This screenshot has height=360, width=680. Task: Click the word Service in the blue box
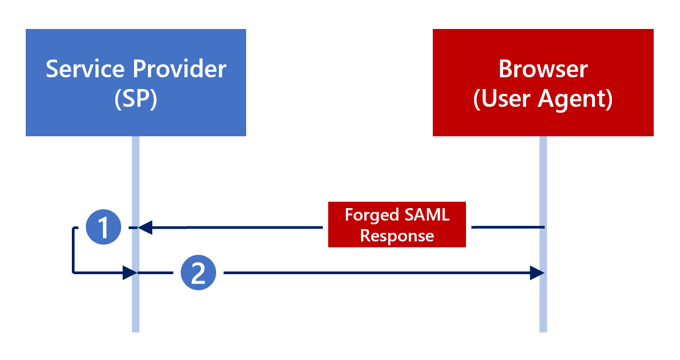tap(85, 69)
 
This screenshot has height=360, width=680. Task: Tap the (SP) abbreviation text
tap(136, 100)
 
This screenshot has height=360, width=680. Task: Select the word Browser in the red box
tap(543, 69)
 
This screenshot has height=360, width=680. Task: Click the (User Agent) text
tap(543, 100)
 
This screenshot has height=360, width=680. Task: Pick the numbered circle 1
tap(104, 227)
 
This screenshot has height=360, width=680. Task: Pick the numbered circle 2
tap(198, 273)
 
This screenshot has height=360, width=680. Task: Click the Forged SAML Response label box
tap(397, 225)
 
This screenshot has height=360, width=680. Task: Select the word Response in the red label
tap(397, 236)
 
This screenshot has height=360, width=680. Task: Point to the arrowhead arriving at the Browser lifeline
tap(537, 273)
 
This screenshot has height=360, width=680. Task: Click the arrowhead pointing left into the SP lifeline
tap(146, 227)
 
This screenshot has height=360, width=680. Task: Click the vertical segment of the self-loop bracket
tap(73, 250)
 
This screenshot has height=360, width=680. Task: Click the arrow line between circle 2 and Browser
tap(375, 273)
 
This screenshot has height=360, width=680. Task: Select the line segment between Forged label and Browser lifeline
tap(507, 227)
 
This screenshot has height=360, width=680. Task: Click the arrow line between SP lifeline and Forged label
tap(241, 227)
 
